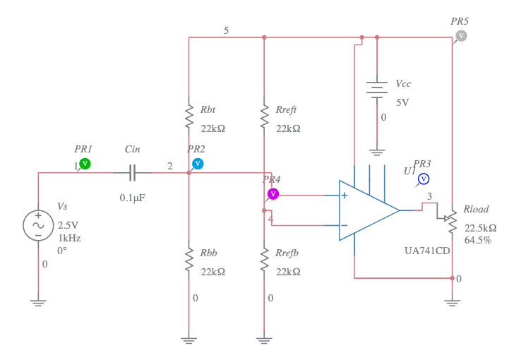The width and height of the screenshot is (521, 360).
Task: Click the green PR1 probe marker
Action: [x=85, y=164]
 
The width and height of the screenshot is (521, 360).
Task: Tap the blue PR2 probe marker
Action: [x=198, y=164]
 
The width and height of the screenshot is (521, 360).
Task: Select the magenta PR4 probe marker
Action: [x=273, y=193]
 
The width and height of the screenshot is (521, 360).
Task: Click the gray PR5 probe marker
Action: [x=460, y=35]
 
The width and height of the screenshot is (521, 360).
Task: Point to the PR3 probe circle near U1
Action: [x=424, y=178]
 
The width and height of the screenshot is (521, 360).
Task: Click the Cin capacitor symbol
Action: [x=133, y=172]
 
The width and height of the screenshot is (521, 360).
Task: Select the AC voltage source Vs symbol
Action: [x=38, y=225]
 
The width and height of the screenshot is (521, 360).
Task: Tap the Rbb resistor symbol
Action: [x=188, y=260]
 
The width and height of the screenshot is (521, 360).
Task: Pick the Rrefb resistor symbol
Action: [x=264, y=260]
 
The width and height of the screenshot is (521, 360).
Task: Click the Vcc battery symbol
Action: [x=377, y=89]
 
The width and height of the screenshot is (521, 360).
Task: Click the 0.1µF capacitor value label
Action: [x=132, y=198]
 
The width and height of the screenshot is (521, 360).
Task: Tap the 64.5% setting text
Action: [x=477, y=240]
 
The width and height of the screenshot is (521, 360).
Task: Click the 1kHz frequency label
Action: [x=69, y=238]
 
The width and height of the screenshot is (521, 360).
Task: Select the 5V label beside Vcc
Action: [x=402, y=102]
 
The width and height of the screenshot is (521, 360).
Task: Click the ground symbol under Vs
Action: [x=38, y=302]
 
